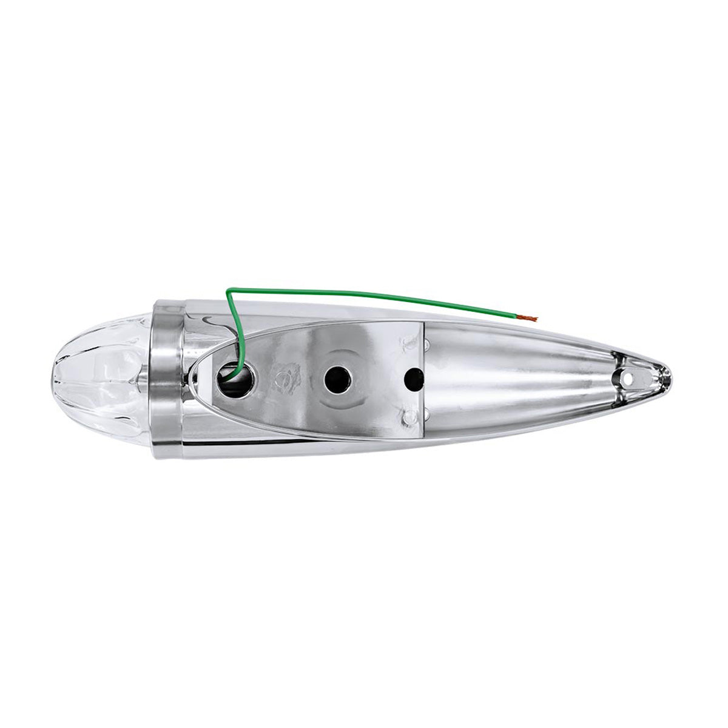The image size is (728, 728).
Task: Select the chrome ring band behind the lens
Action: pyautogui.click(x=163, y=380)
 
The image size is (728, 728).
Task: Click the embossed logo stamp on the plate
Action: pyautogui.click(x=285, y=381)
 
